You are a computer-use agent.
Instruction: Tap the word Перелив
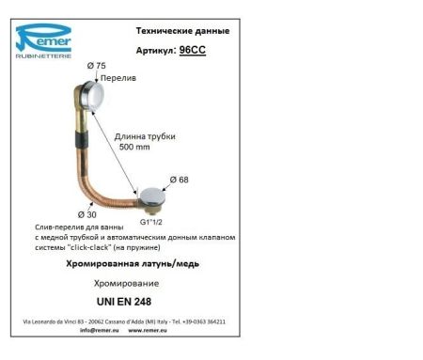click(117, 79)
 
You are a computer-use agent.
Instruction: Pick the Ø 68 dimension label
click(180, 180)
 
